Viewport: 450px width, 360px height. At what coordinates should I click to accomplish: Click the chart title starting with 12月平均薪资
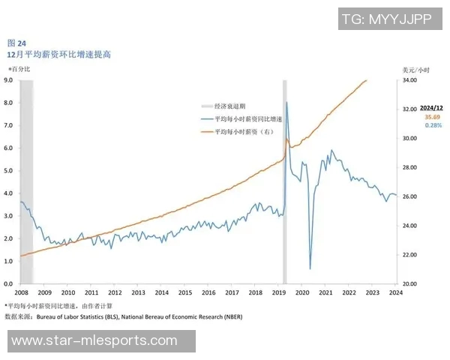coord(59,55)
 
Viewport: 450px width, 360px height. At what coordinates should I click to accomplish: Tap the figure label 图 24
coord(16,43)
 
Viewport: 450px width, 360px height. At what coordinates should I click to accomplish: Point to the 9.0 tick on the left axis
coord(9,79)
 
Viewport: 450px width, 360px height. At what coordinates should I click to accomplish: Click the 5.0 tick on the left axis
coord(9,170)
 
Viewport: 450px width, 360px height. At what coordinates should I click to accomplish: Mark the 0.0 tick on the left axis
coord(9,284)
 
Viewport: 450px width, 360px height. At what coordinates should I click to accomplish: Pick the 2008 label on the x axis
coord(21,293)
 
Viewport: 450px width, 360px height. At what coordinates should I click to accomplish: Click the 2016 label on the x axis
coord(208,293)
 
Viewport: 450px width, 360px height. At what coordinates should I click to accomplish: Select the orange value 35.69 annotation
coord(432,117)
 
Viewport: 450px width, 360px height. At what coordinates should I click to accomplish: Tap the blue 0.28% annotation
coord(433,125)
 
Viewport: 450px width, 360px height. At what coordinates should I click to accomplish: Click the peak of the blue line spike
coord(286,103)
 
